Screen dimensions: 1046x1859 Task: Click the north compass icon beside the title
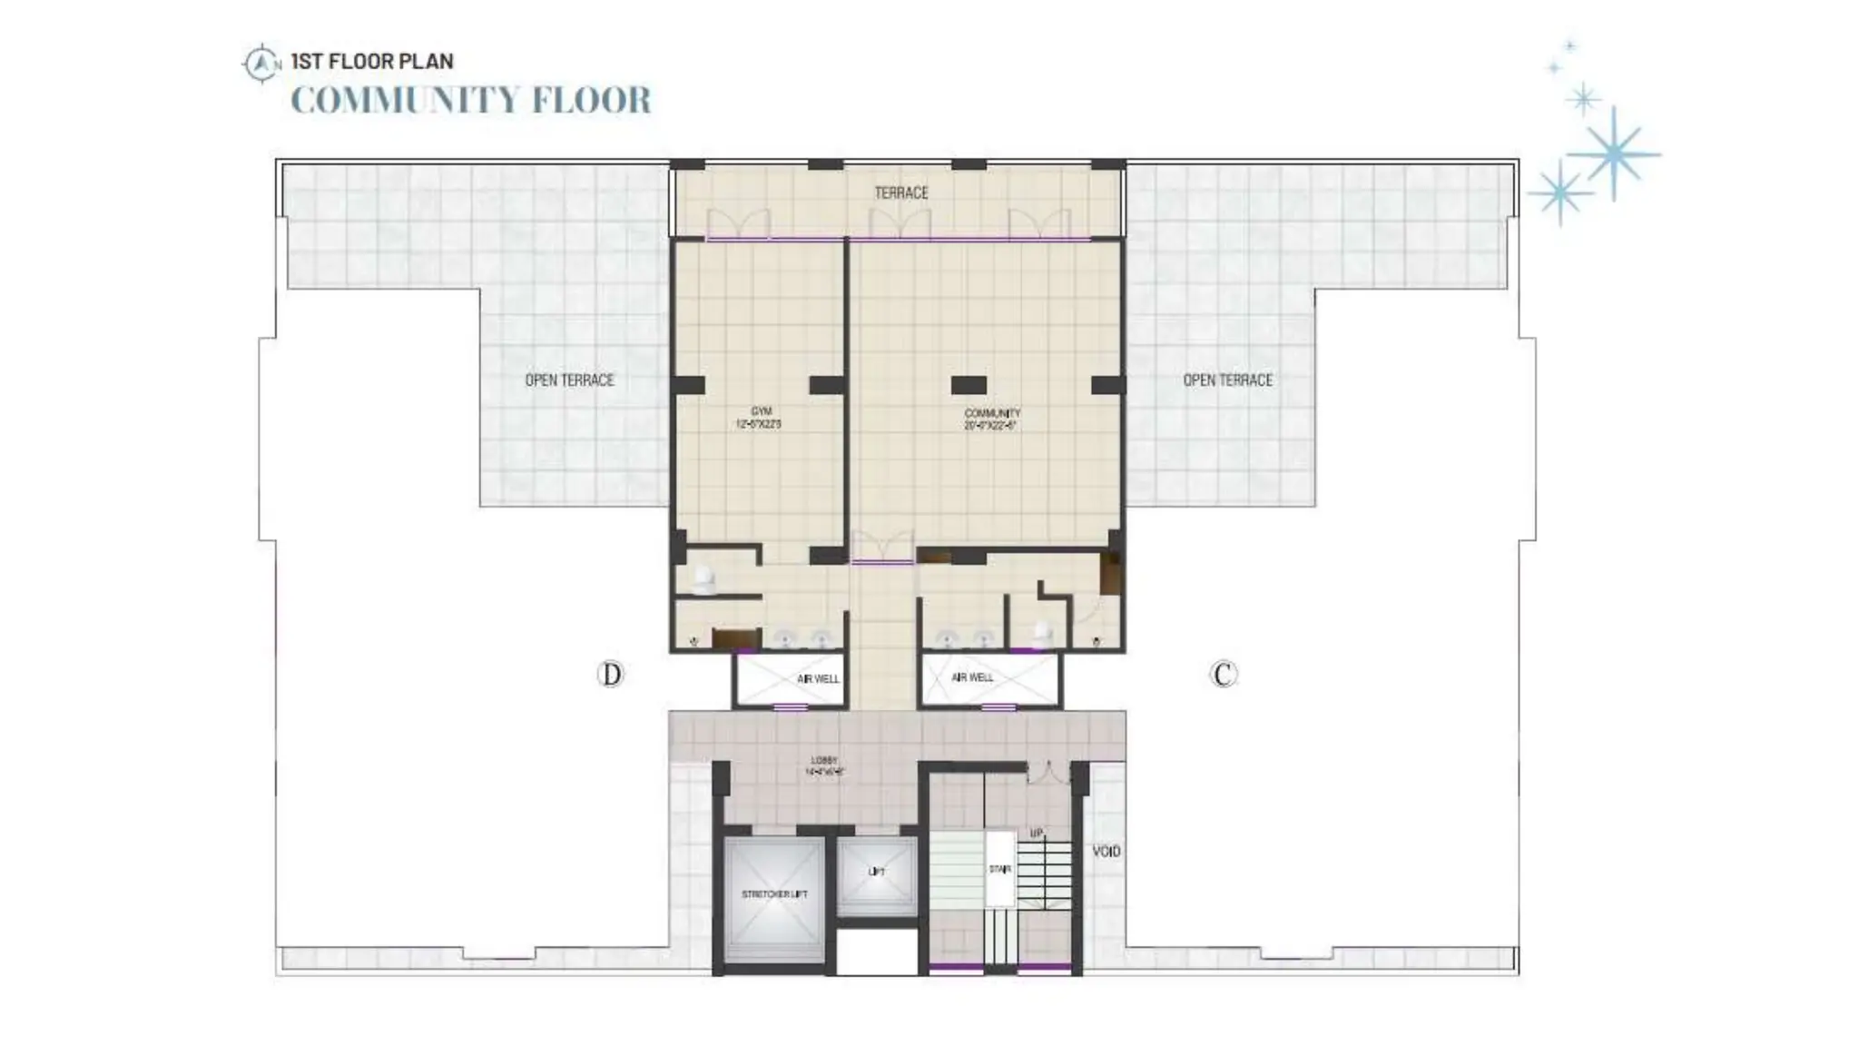point(261,64)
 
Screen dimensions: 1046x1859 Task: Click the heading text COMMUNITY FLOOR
point(471,100)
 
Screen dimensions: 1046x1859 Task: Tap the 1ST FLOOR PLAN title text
point(372,62)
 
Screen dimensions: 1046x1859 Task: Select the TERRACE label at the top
point(900,192)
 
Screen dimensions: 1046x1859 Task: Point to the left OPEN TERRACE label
point(569,380)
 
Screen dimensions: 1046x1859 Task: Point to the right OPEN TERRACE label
point(1227,380)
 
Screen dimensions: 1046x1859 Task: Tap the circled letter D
point(611,675)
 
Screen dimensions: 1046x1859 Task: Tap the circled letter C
point(1224,675)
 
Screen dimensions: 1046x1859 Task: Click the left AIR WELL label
point(818,678)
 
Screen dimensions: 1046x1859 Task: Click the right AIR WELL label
point(972,677)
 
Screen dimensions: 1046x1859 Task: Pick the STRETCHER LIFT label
point(774,894)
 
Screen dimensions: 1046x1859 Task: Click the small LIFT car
point(877,874)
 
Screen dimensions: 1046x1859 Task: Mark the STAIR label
point(999,869)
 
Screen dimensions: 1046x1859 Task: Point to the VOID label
point(1107,851)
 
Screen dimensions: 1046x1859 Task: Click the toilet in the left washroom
point(703,579)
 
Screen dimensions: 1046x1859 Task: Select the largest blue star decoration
point(1614,154)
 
